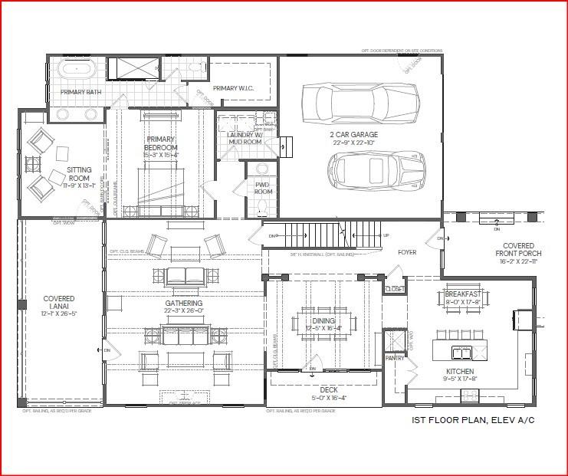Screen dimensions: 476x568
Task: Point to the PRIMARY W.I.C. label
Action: point(233,88)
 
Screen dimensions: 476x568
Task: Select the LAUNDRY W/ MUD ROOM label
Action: point(245,138)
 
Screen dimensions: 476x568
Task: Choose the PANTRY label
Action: point(394,358)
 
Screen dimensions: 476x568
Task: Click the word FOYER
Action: point(406,251)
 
